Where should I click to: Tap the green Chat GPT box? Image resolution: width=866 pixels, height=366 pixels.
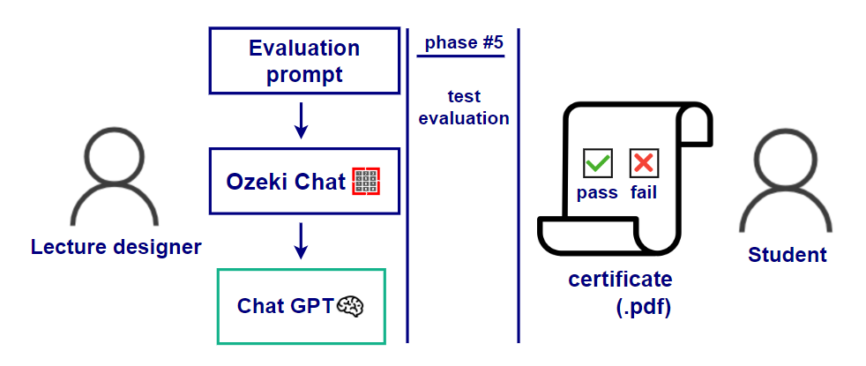click(x=301, y=306)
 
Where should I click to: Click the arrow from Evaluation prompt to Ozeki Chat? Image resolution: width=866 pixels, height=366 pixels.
click(x=301, y=121)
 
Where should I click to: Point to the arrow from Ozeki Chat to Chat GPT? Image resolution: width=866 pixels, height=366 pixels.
click(x=301, y=241)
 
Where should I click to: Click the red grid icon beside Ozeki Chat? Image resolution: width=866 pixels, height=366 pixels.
click(x=365, y=182)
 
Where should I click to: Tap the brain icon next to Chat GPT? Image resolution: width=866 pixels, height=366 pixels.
click(x=352, y=306)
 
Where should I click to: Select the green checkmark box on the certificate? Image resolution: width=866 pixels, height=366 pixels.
click(x=598, y=163)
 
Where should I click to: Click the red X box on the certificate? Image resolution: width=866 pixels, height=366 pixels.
click(x=644, y=163)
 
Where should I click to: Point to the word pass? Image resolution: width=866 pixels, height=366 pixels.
click(x=597, y=192)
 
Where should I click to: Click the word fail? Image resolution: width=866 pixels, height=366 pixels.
click(x=644, y=192)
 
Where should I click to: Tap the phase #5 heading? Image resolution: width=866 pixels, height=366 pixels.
click(x=460, y=43)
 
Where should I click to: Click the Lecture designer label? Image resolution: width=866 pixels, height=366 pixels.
click(x=116, y=247)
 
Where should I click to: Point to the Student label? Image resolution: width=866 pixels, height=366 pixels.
click(x=788, y=255)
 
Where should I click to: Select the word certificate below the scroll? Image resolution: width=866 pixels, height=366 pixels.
click(x=620, y=280)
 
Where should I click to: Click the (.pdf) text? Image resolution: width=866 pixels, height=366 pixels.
click(x=643, y=308)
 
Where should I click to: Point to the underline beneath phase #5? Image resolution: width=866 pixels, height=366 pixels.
click(x=460, y=56)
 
